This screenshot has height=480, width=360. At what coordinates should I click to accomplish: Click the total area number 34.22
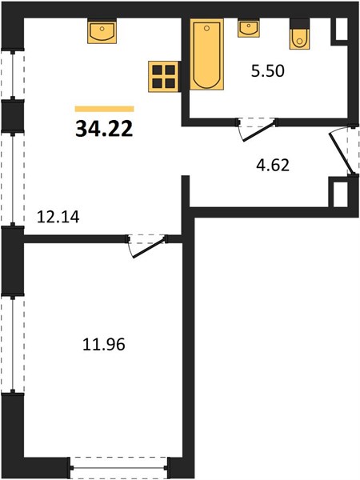104,129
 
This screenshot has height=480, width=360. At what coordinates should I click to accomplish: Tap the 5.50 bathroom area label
268,71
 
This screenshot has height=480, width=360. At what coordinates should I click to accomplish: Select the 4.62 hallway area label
273,166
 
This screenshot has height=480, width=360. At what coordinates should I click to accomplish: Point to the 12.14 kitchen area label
58,217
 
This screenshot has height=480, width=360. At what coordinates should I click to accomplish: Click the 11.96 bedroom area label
104,344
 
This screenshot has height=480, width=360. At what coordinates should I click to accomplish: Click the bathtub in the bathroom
206,54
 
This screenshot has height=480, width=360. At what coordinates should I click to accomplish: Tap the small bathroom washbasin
249,28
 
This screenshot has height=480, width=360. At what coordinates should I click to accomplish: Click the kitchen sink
102,31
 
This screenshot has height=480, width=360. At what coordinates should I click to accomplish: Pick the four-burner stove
163,77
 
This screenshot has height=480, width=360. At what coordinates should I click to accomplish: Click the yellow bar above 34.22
104,109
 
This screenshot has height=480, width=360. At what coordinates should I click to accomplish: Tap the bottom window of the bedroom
118,468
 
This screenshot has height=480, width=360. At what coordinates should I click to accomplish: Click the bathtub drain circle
206,29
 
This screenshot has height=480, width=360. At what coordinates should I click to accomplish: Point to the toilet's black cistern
299,23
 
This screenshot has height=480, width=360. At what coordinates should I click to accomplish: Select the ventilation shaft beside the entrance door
340,194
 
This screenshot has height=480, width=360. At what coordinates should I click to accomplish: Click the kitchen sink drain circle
102,29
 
